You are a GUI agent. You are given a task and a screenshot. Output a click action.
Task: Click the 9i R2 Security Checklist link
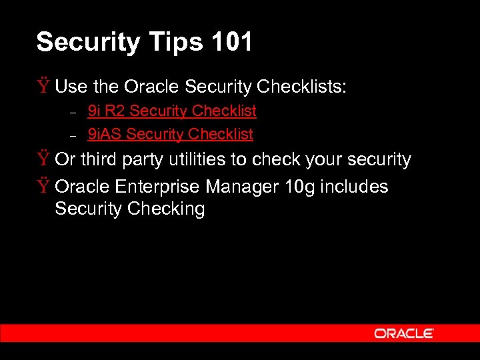pos(172,111)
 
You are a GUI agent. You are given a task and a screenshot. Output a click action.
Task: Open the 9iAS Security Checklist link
pos(171,134)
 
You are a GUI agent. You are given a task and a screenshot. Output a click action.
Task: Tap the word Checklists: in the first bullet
pos(301,87)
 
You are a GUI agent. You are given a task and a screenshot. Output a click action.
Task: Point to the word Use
pos(70,87)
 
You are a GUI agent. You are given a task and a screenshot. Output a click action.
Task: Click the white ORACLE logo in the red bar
pos(404,333)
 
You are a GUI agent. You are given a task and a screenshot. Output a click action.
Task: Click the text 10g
pos(300,187)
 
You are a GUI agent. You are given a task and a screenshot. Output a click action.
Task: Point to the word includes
pos(354,187)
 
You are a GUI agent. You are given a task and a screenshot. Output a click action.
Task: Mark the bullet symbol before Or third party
pos(43,159)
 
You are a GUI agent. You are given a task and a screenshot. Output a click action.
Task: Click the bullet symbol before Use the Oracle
pos(43,86)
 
